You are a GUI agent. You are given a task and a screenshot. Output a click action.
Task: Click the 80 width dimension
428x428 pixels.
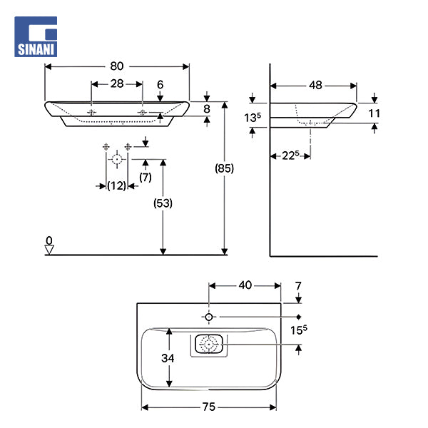click(x=117, y=66)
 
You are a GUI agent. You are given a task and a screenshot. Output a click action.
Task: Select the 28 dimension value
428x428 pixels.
click(x=117, y=83)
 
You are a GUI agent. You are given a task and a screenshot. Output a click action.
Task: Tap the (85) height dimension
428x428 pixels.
click(x=225, y=168)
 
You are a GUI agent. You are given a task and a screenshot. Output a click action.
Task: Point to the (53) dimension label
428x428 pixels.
click(x=163, y=203)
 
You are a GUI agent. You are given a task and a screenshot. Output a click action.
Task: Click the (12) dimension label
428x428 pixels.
click(x=116, y=185)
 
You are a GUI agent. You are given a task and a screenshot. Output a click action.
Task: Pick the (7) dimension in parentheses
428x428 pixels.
click(x=146, y=175)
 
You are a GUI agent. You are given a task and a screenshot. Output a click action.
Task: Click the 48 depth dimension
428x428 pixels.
click(x=314, y=85)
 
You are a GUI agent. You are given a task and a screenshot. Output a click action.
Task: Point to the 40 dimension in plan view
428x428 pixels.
click(x=245, y=285)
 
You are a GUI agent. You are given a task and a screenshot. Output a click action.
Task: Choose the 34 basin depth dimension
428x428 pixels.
click(x=168, y=359)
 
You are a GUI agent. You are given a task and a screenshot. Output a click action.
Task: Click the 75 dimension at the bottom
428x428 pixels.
click(x=209, y=407)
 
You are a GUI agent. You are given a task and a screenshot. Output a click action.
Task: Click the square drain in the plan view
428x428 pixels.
click(x=208, y=345)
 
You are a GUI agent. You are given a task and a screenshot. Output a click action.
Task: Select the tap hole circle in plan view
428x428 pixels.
click(x=208, y=316)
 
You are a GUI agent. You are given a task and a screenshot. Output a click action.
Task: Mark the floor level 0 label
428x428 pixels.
click(x=49, y=241)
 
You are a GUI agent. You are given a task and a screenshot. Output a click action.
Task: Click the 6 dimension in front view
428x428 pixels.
click(x=160, y=84)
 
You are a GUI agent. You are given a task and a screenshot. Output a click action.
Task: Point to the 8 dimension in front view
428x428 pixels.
click(x=207, y=108)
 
